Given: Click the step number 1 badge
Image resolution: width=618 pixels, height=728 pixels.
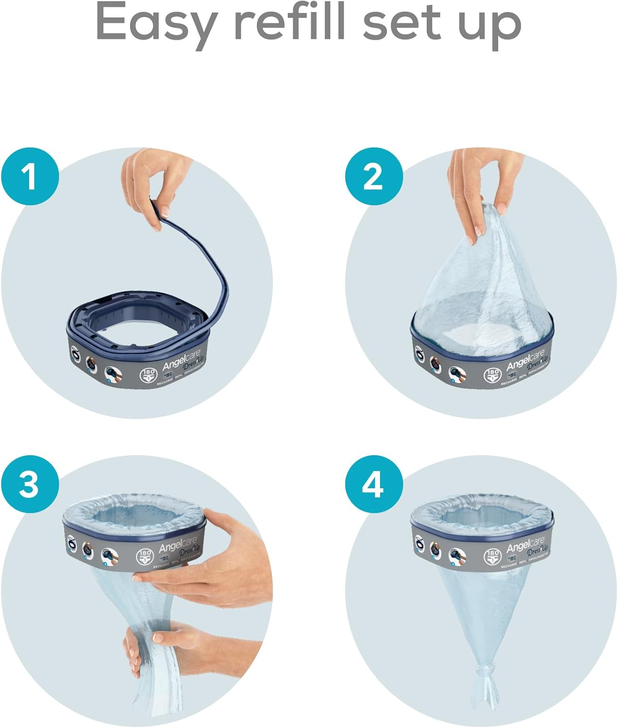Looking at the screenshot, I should click(x=30, y=177).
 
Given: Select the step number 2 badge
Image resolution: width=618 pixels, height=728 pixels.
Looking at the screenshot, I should click(x=373, y=177).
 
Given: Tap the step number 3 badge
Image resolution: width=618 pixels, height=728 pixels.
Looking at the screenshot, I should click(x=30, y=484).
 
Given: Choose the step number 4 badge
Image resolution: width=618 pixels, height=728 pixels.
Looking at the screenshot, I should click(x=373, y=484).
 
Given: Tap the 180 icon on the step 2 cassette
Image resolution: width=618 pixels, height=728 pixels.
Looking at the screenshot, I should click(x=492, y=375).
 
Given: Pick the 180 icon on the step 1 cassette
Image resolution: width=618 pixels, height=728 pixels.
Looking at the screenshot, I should click(x=149, y=376).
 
